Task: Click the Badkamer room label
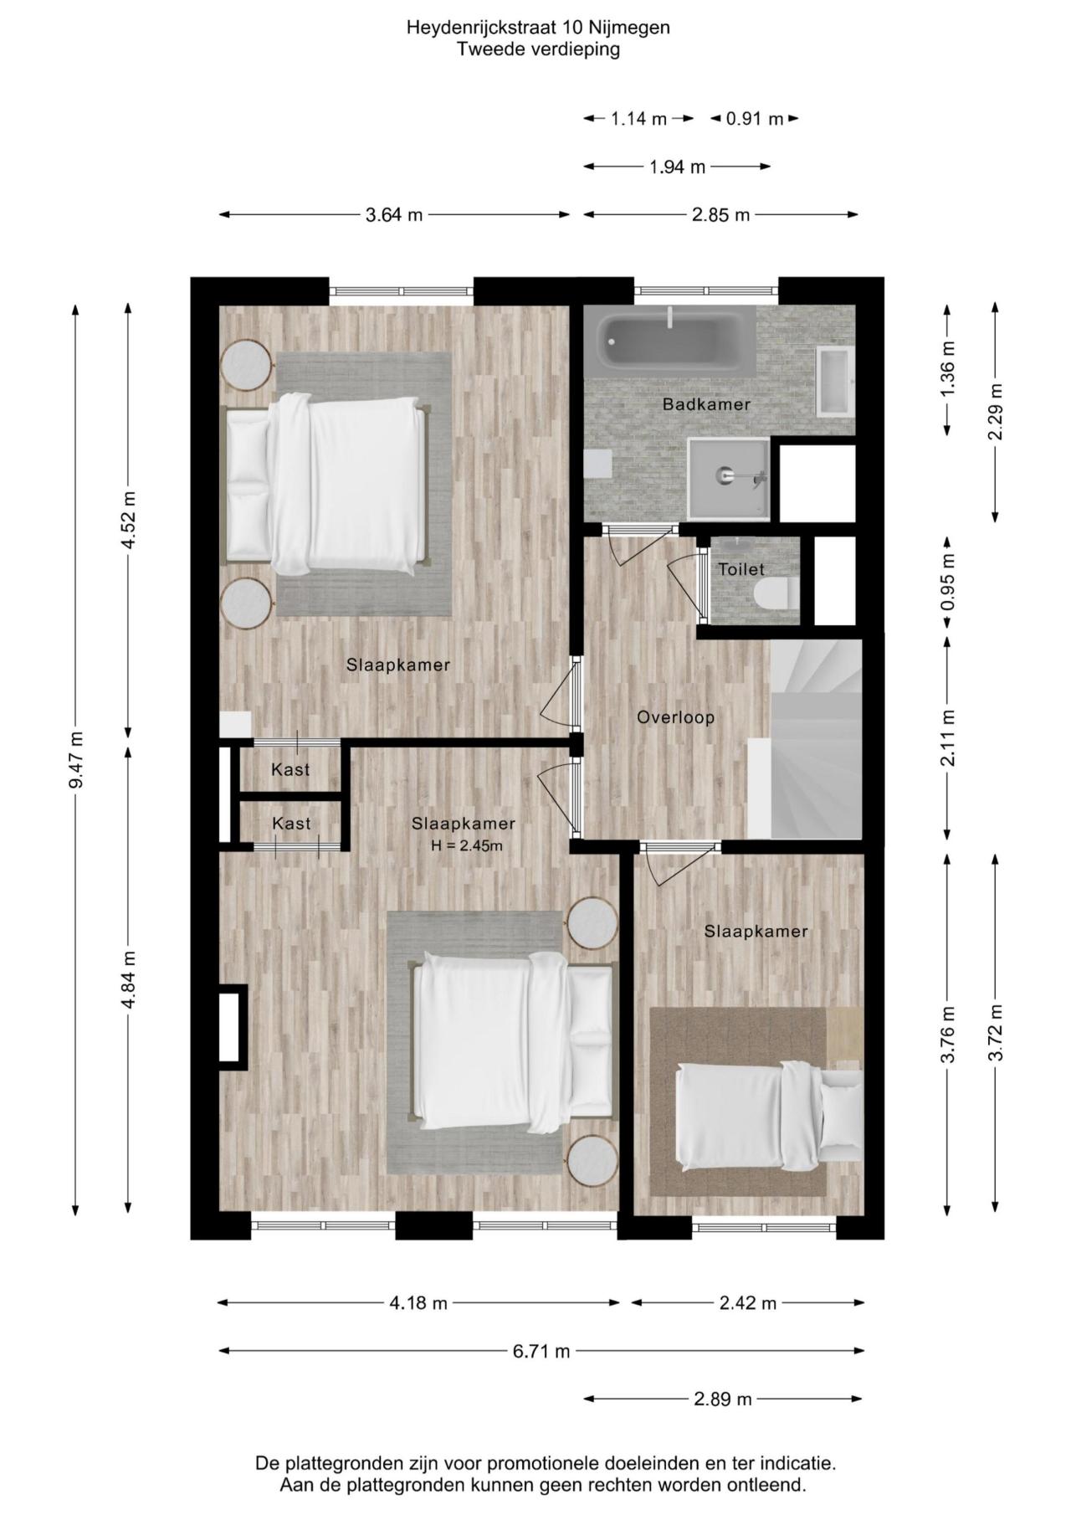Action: point(706,405)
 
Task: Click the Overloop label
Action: point(675,717)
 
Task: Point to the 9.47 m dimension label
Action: point(76,760)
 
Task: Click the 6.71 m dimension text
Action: point(541,1351)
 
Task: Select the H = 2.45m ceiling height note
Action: point(467,845)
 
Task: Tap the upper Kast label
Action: point(290,769)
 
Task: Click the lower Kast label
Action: point(291,824)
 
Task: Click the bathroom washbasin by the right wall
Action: point(834,382)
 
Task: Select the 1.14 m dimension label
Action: point(638,119)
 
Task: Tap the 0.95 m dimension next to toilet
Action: point(947,583)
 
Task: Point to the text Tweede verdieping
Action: point(538,49)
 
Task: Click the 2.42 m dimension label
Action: point(748,1303)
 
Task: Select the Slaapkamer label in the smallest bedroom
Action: point(756,932)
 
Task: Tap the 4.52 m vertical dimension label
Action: point(128,520)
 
